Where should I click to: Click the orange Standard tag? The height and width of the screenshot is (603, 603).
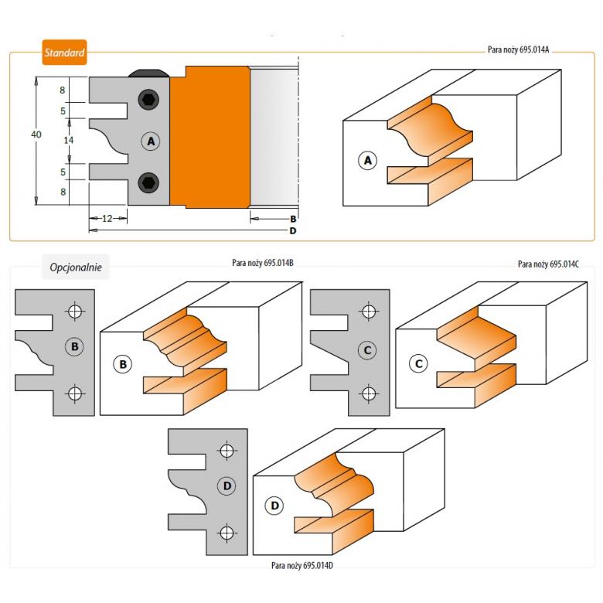click(x=64, y=54)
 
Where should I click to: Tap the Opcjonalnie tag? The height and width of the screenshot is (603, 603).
click(x=75, y=267)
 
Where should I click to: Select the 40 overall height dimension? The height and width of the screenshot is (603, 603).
click(x=36, y=135)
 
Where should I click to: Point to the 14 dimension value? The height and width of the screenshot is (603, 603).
click(x=69, y=140)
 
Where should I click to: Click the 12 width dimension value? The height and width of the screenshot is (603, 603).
click(x=107, y=219)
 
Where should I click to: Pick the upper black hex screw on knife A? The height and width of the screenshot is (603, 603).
click(x=148, y=100)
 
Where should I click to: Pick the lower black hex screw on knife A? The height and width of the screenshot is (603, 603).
click(x=148, y=182)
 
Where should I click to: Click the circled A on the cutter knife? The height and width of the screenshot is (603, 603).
click(x=151, y=141)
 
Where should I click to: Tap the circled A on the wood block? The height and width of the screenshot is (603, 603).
click(x=368, y=160)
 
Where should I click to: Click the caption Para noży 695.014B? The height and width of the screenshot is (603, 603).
click(x=262, y=263)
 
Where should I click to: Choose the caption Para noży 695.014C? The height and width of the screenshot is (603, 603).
click(x=548, y=264)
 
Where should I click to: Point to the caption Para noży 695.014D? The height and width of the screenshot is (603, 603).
click(x=302, y=565)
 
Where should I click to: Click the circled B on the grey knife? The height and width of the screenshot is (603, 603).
click(x=75, y=347)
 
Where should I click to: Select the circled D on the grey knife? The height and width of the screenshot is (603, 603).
click(x=227, y=486)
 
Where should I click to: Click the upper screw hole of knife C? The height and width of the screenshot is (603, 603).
click(x=369, y=312)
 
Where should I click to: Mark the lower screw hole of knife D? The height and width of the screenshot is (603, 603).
click(x=227, y=533)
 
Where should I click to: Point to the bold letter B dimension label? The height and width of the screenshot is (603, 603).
click(x=293, y=219)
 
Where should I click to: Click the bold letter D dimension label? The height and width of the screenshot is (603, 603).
click(x=293, y=230)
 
